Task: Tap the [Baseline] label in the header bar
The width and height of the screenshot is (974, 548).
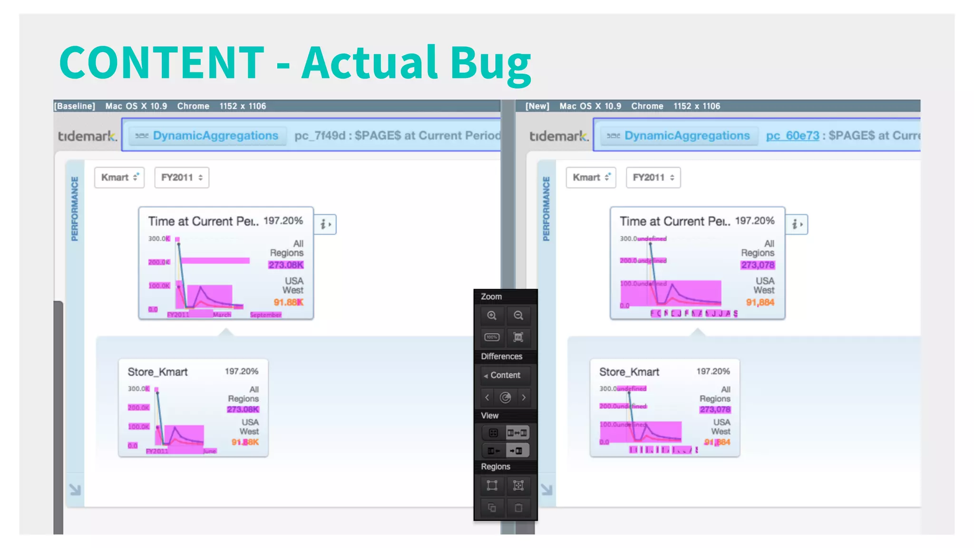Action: pos(75,106)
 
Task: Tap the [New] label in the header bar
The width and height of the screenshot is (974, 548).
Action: pos(537,106)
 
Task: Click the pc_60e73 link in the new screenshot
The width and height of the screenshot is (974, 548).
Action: pos(792,136)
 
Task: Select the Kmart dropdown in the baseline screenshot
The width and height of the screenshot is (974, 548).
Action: pos(119,177)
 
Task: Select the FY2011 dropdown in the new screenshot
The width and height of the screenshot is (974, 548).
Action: pos(653,177)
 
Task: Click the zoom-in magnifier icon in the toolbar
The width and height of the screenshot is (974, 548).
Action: pos(492,315)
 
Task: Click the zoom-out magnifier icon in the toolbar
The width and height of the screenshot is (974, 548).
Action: pos(518,315)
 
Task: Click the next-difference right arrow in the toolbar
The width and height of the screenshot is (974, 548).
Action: pos(524,397)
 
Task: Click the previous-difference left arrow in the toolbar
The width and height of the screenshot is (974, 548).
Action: pos(487,397)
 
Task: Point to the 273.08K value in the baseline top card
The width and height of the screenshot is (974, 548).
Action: pos(286,265)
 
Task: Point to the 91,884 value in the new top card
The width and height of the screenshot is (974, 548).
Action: pos(760,303)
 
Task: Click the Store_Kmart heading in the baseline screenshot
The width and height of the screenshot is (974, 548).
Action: pos(157,372)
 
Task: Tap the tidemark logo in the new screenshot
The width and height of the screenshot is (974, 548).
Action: pos(559,136)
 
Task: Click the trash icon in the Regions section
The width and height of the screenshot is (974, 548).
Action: pos(518,508)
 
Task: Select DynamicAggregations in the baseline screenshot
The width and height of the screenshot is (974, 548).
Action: pos(215,136)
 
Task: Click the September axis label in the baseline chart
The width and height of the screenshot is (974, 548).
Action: pos(265,315)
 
